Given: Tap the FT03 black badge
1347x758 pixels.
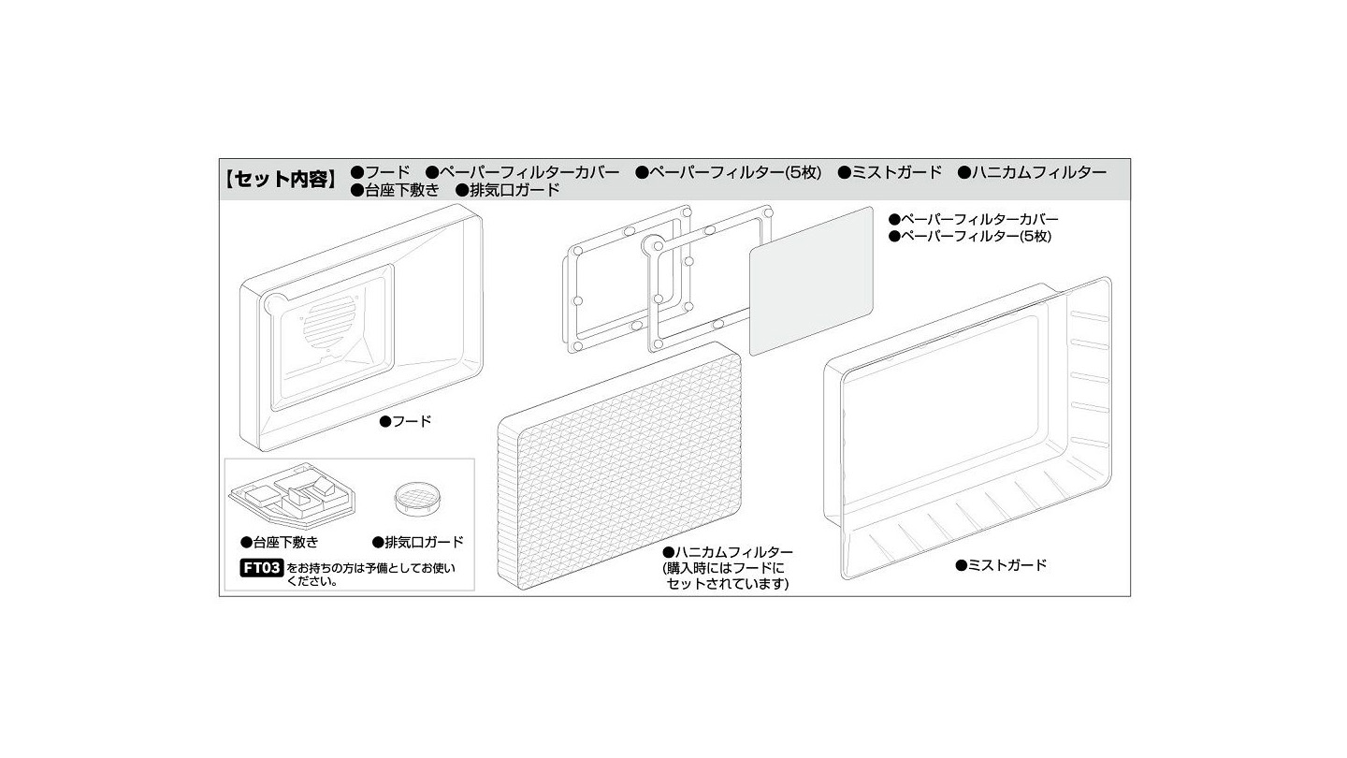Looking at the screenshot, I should click(x=262, y=567).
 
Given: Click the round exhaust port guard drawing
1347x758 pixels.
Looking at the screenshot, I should click(x=416, y=500).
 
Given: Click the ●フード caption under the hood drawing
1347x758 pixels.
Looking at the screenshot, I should click(x=406, y=421).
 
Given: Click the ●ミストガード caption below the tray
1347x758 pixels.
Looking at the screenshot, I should click(x=1001, y=565).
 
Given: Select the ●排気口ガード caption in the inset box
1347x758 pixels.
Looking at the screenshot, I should click(x=418, y=542).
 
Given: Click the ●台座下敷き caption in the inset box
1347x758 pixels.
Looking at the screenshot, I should click(x=280, y=542).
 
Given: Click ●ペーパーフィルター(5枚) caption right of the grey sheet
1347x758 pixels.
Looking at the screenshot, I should click(x=970, y=237).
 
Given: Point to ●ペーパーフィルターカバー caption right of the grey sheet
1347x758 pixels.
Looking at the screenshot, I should click(x=974, y=219).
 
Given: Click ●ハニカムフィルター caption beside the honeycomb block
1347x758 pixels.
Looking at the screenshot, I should click(x=728, y=552).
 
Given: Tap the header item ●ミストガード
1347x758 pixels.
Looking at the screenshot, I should click(x=890, y=172).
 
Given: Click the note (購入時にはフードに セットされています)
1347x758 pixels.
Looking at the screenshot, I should click(x=726, y=576).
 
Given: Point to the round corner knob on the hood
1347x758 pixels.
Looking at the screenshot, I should click(x=274, y=304).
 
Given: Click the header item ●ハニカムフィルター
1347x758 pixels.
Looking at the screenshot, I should click(x=1032, y=172).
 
